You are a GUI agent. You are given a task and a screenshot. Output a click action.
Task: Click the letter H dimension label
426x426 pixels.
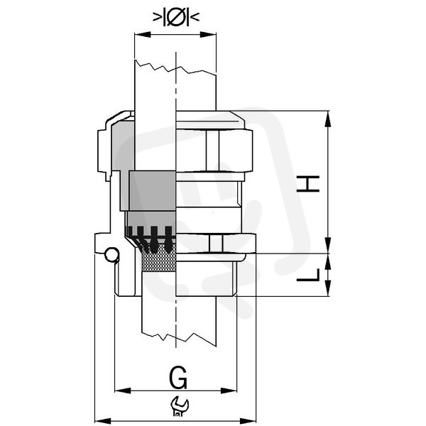[x=308, y=184]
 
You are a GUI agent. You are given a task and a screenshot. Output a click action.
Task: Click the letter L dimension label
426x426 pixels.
[x=308, y=275]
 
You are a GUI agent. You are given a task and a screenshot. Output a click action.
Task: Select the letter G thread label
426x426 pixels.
[x=178, y=378]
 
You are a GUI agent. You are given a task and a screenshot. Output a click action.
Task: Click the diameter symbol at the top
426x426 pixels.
[x=176, y=17]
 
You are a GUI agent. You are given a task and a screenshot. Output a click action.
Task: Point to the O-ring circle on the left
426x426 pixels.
[x=111, y=255]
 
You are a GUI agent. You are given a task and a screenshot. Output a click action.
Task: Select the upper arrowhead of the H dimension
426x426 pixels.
[x=328, y=119]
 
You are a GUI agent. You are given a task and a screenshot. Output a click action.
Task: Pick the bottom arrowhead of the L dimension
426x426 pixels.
[x=328, y=288]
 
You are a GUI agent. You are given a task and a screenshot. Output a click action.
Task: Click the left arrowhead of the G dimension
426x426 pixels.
[x=123, y=391]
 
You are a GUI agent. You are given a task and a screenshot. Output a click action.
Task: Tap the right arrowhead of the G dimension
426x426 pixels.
[x=229, y=391]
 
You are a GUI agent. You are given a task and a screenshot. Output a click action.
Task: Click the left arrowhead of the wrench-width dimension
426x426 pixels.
[x=103, y=421]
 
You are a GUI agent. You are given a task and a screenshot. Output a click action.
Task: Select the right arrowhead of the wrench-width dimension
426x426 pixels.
[x=248, y=421]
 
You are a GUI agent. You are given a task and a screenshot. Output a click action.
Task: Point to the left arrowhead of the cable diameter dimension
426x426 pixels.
[x=143, y=35]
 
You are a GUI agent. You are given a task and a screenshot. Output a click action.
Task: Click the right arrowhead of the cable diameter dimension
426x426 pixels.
[x=208, y=35]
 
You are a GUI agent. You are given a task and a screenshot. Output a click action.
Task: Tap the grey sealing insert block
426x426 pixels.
[x=152, y=191]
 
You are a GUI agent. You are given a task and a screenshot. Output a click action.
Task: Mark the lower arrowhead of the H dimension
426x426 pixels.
[x=328, y=245]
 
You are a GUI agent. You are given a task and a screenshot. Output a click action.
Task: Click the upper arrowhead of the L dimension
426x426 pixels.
[x=328, y=261]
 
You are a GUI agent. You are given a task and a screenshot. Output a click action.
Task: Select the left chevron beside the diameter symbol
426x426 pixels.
[x=157, y=17]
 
